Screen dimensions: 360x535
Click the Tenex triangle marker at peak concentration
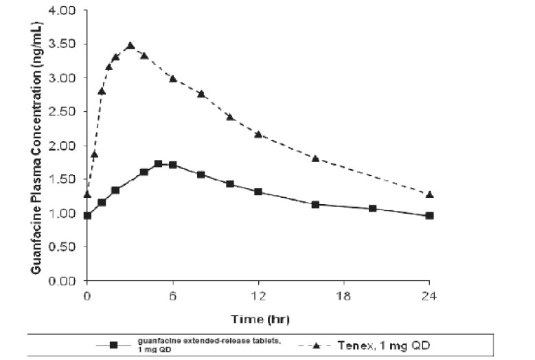coord(130,45)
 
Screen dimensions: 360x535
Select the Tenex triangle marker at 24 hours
coord(429,194)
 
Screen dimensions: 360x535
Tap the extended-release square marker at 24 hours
coord(429,216)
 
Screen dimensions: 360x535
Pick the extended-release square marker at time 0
coord(87,216)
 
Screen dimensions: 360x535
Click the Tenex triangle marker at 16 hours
coord(315,158)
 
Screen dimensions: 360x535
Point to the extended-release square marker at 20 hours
coord(372,208)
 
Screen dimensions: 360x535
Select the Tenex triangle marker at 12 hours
coord(258,134)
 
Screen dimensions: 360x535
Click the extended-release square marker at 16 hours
coord(315,204)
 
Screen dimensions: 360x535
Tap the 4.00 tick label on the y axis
coord(64,12)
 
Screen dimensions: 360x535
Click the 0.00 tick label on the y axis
coord(64,281)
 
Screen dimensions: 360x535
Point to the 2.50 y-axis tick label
coord(64,113)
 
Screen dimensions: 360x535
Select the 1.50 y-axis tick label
coord(64,180)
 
